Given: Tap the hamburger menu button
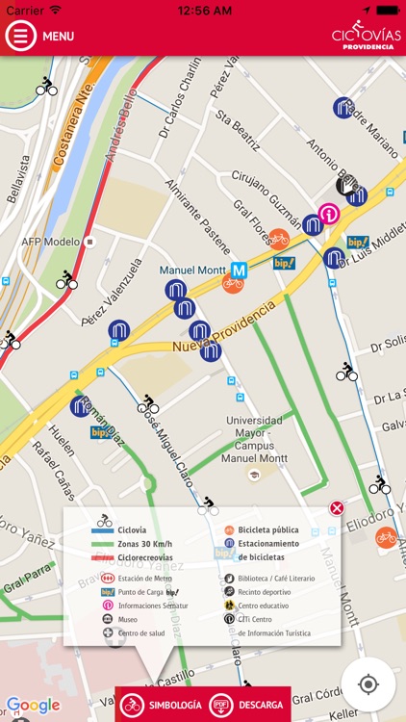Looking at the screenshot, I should pyautogui.click(x=20, y=36).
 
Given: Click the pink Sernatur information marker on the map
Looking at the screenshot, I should pyautogui.click(x=329, y=213).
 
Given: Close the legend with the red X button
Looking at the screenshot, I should pyautogui.click(x=337, y=508).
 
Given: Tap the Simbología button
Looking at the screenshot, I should pyautogui.click(x=163, y=705).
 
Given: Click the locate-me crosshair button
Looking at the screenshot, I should pyautogui.click(x=368, y=684).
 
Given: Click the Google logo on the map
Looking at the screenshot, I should pyautogui.click(x=33, y=706).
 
